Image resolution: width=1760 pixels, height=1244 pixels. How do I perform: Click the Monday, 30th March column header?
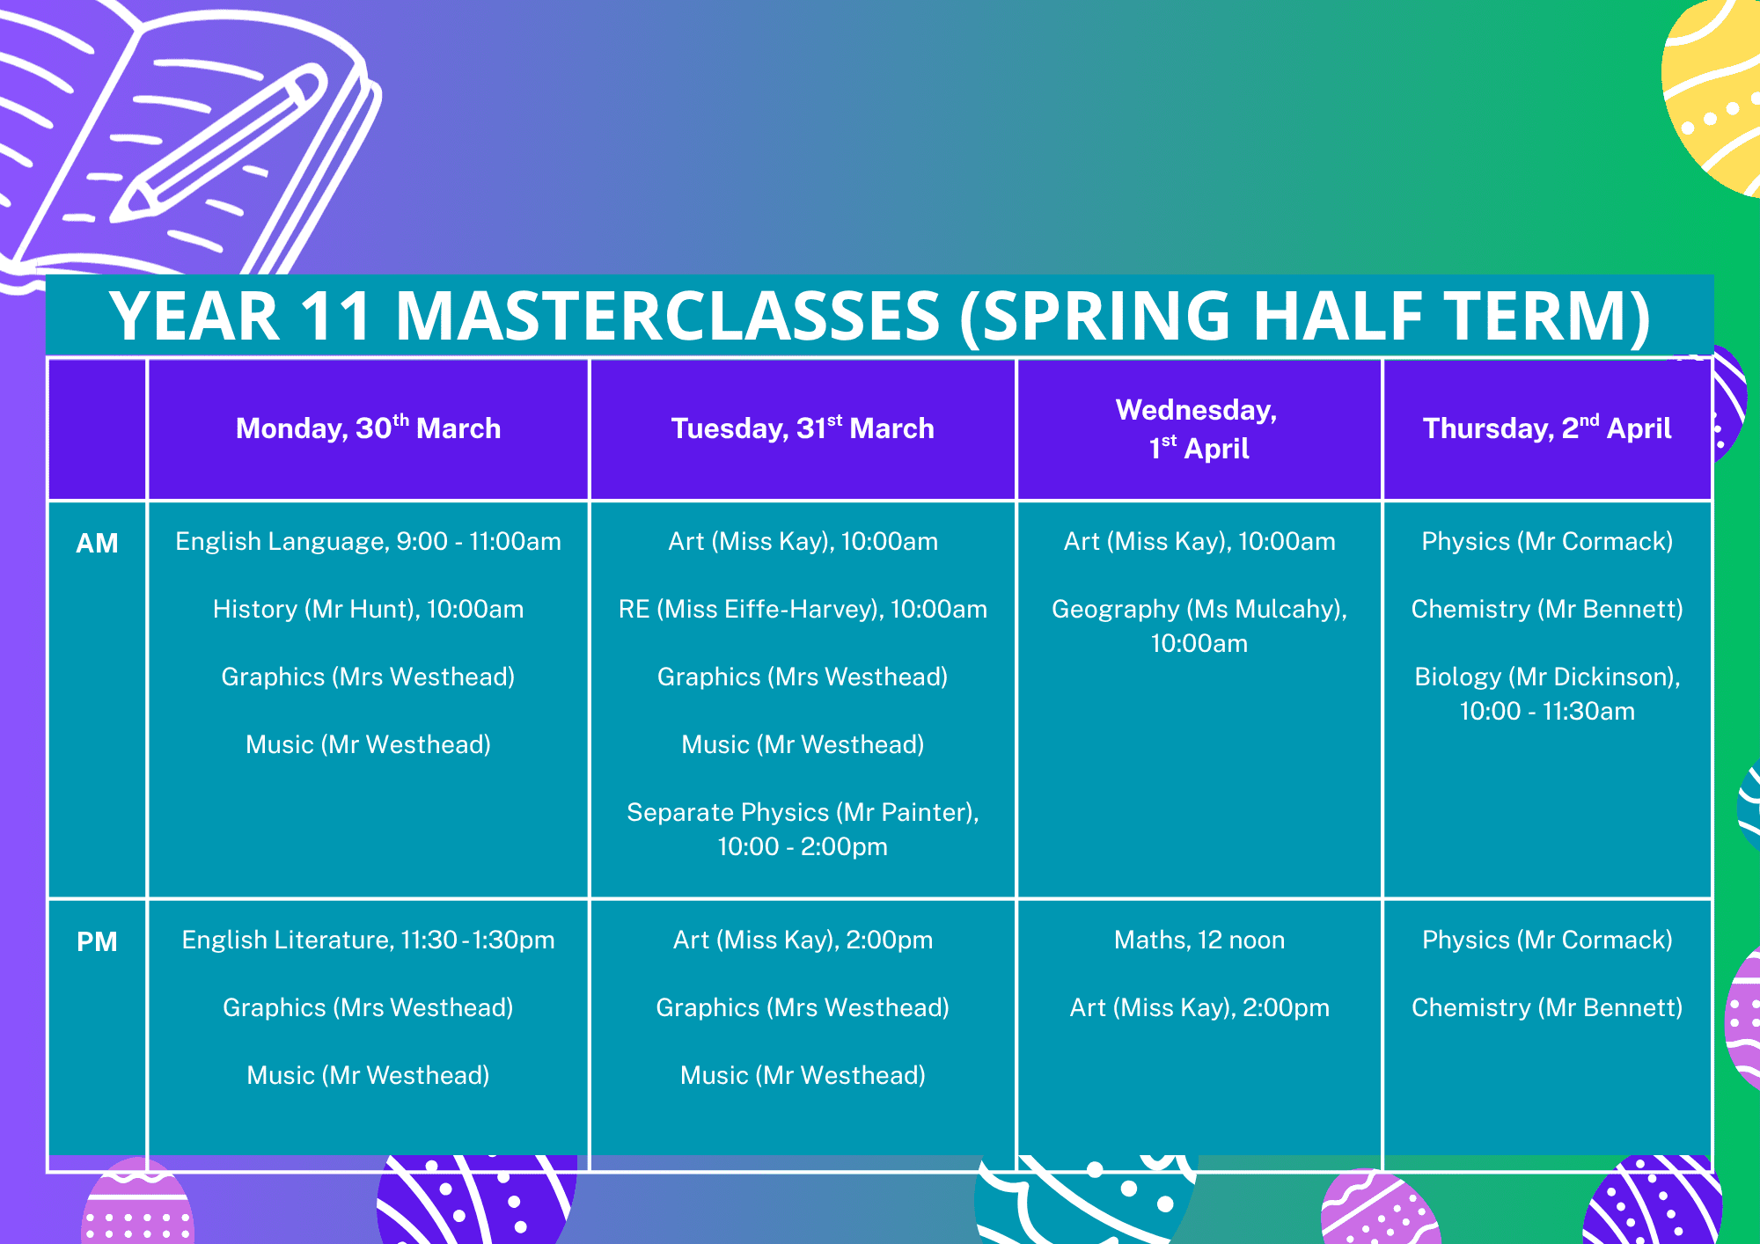point(368,428)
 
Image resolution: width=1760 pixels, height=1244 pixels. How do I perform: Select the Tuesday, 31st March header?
point(803,428)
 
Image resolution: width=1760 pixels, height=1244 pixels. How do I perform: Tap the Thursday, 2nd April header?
point(1547,428)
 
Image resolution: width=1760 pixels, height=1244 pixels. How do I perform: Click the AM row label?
point(97,543)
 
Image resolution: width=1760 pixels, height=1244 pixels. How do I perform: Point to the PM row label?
point(97,941)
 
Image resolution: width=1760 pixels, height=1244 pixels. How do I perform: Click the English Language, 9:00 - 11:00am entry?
point(368,541)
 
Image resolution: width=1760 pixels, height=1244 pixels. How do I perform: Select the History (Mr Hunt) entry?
point(368,609)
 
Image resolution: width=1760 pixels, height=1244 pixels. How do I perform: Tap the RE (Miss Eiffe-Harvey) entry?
point(803,609)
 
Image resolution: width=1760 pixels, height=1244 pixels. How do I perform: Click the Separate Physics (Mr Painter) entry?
point(803,829)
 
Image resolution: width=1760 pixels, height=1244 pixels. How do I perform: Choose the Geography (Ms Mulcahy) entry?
point(1199,626)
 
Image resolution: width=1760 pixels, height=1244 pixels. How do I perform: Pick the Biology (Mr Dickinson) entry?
point(1547,693)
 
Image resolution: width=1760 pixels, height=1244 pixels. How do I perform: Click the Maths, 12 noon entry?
point(1199,940)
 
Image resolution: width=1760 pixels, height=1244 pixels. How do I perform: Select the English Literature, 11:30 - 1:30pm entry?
point(368,940)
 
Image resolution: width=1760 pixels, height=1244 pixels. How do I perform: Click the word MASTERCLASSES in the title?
point(668,316)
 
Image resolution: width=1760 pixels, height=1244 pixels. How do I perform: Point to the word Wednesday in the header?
point(1196,410)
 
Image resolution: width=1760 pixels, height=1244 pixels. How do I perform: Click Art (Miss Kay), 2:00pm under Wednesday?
point(1199,1007)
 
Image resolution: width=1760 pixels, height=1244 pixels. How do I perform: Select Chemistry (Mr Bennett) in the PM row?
point(1547,1007)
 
